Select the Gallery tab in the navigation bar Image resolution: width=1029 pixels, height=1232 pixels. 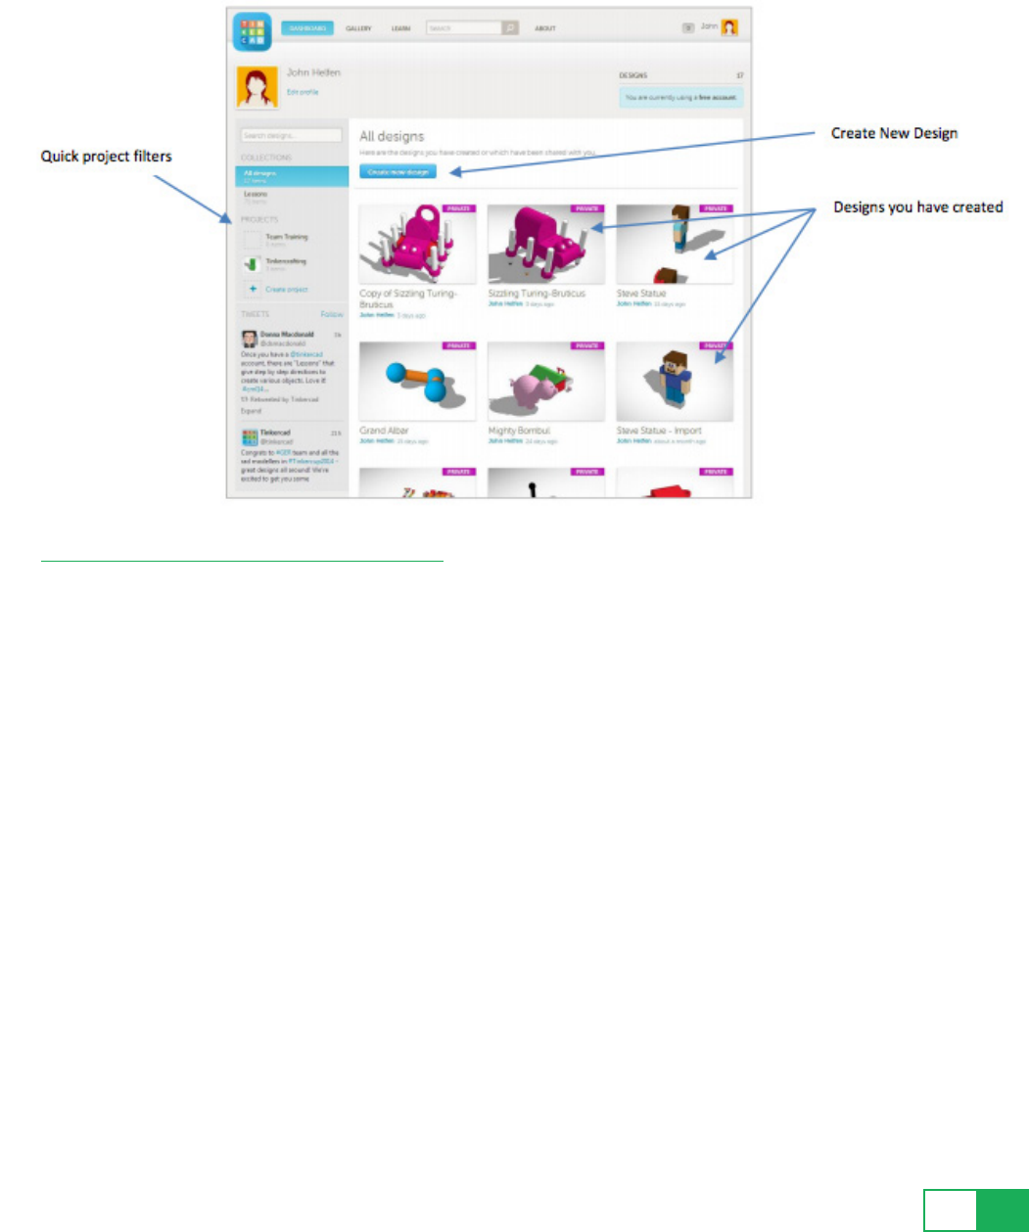pyautogui.click(x=359, y=28)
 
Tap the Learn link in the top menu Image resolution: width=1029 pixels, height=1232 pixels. pyautogui.click(x=400, y=28)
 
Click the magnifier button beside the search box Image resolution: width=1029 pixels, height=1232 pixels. pyautogui.click(x=510, y=28)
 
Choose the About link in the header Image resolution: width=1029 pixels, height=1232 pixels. pyautogui.click(x=545, y=28)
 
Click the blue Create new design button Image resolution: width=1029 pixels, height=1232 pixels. pyautogui.click(x=398, y=172)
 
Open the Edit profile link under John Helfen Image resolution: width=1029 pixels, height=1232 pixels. pyautogui.click(x=302, y=92)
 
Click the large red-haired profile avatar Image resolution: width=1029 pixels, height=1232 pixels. pyautogui.click(x=257, y=87)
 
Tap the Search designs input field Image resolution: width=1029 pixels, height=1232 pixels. pyautogui.click(x=291, y=136)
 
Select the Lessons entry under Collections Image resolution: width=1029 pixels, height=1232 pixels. pyautogui.click(x=256, y=195)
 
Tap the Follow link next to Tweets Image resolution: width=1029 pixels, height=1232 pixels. pyautogui.click(x=332, y=314)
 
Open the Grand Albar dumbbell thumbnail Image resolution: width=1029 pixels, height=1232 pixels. pyautogui.click(x=418, y=383)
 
